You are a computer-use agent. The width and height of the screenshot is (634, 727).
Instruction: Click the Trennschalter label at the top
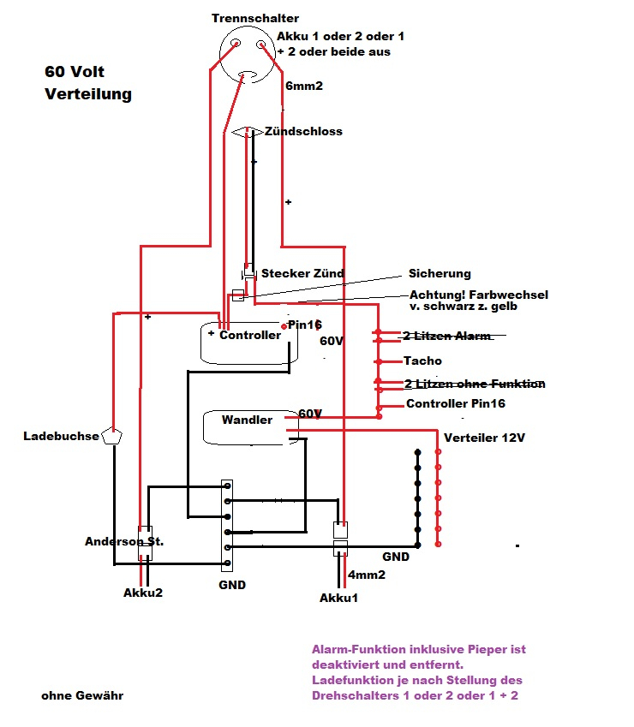click(x=254, y=19)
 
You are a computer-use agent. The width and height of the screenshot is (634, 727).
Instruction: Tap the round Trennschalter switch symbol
click(x=246, y=53)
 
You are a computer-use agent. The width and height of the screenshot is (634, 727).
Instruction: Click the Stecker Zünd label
click(x=302, y=273)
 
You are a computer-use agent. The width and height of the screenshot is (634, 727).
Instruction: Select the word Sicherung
click(x=440, y=273)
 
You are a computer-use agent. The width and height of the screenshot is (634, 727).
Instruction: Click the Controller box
click(x=248, y=343)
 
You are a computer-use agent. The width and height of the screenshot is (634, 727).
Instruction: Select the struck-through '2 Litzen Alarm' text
click(x=447, y=336)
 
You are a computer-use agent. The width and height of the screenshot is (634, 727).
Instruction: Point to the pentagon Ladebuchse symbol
click(x=112, y=435)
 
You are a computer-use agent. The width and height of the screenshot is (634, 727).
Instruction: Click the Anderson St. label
click(x=124, y=541)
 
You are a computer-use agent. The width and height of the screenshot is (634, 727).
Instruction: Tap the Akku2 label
click(x=142, y=592)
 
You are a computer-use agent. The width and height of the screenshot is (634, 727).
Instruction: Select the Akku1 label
click(x=338, y=597)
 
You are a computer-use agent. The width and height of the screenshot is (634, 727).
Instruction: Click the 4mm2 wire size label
click(x=366, y=575)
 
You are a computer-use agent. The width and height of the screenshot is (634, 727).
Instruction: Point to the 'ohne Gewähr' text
click(x=82, y=695)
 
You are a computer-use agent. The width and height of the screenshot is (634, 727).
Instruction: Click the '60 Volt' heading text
click(x=75, y=72)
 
